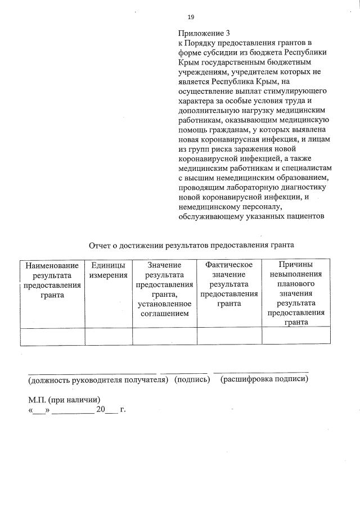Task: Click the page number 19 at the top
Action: [191, 17]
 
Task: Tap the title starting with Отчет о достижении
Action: [191, 245]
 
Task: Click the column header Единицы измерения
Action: [109, 270]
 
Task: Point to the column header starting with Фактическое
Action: [229, 284]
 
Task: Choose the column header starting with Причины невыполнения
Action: [296, 293]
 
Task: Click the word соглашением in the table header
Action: [164, 313]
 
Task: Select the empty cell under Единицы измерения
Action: [109, 336]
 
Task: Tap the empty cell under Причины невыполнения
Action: [296, 336]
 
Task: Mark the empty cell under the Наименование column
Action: [52, 336]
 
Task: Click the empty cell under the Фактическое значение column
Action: [229, 336]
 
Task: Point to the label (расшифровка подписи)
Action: [264, 380]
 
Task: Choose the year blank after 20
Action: [112, 410]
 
